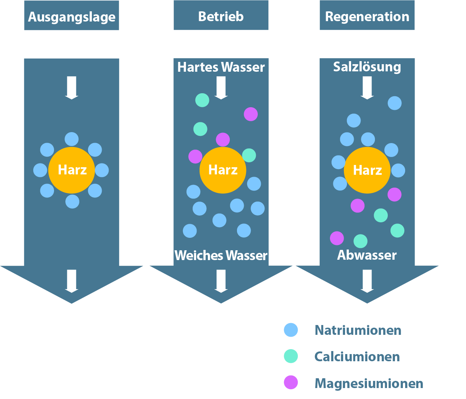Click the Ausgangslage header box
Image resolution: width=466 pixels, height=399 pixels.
pyautogui.click(x=71, y=16)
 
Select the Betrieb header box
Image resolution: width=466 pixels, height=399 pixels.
pyautogui.click(x=221, y=16)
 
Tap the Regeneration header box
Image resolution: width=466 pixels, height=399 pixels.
pyautogui.click(x=367, y=16)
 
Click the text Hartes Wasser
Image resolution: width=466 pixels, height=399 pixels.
pyautogui.click(x=221, y=67)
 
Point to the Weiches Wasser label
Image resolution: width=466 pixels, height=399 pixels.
pyautogui.click(x=221, y=256)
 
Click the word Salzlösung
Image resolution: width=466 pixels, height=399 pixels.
pyautogui.click(x=367, y=67)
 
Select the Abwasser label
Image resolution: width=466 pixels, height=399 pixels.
pyautogui.click(x=367, y=255)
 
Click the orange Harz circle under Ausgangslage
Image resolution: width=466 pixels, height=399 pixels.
pyautogui.click(x=72, y=170)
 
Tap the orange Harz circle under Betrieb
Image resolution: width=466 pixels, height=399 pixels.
pyautogui.click(x=223, y=170)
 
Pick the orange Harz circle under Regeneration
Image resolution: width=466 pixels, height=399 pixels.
pyautogui.click(x=367, y=170)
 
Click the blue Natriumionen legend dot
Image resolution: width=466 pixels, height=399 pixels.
pyautogui.click(x=291, y=330)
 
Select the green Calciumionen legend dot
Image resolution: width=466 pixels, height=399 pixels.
pyautogui.click(x=291, y=356)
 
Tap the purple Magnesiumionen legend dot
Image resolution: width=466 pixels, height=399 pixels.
pyautogui.click(x=291, y=382)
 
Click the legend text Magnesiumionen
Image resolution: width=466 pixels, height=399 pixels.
pyautogui.click(x=368, y=384)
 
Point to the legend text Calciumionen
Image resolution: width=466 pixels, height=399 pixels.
pyautogui.click(x=357, y=357)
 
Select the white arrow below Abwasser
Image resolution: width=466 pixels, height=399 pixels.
pyautogui.click(x=367, y=281)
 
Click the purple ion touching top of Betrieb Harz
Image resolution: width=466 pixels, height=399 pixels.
pyautogui.click(x=223, y=140)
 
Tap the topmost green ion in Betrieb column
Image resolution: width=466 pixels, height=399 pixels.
pyautogui.click(x=202, y=100)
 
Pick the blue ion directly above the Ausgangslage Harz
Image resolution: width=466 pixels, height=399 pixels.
pyautogui.click(x=72, y=139)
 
